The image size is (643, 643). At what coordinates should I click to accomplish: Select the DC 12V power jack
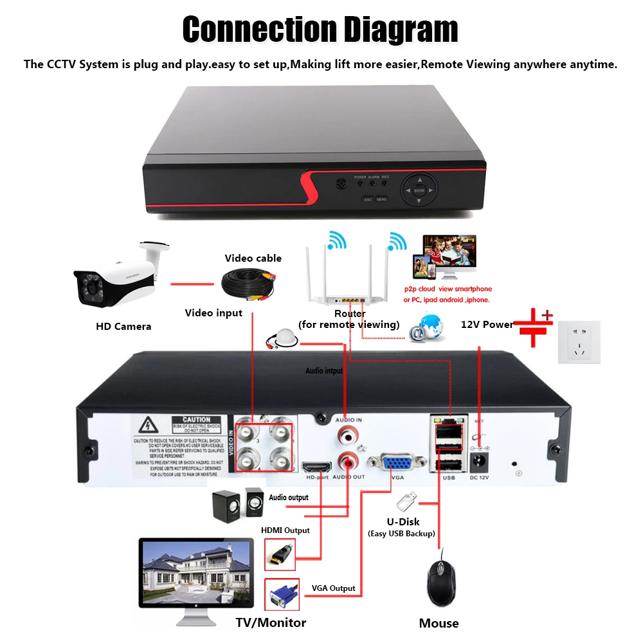pos(479,461)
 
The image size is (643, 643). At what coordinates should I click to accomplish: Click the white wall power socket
pos(579,342)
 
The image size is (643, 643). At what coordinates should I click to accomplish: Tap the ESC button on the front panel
pos(368,199)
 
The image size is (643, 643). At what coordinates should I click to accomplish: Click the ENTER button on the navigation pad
pos(419,191)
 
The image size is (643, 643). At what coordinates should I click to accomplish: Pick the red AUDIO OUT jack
pos(347,462)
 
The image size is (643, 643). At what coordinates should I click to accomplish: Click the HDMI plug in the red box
pos(280,554)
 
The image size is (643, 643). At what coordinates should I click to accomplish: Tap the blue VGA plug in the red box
pos(282,595)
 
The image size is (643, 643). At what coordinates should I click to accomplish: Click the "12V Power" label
pos(487,324)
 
